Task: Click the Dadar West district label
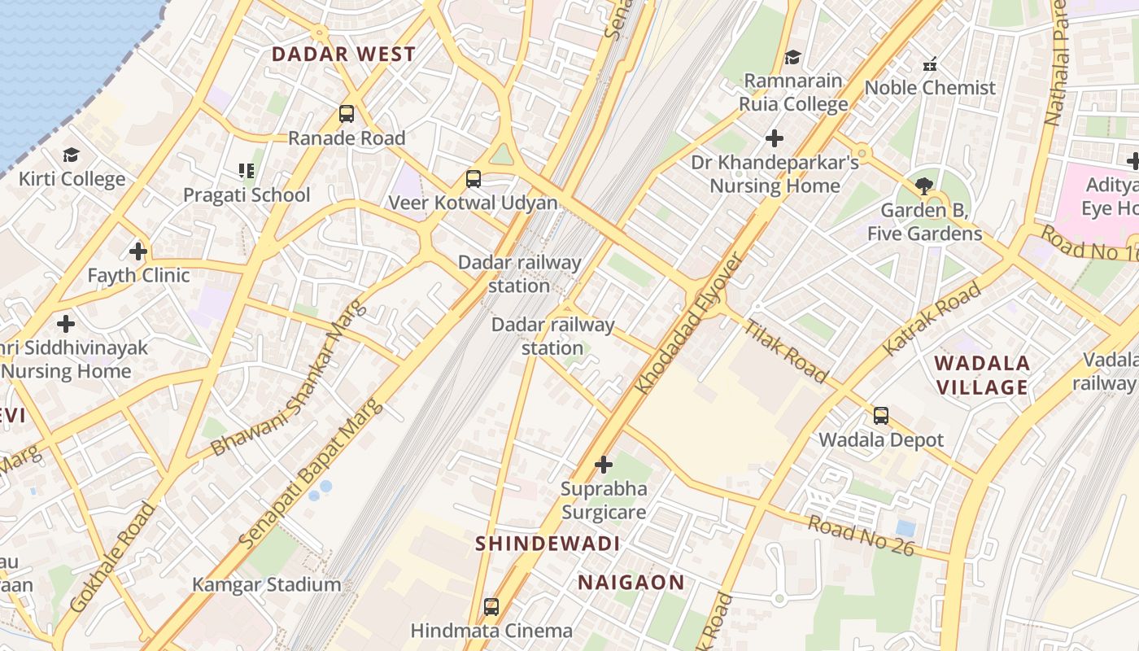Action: [x=343, y=55]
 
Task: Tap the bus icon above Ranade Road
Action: [x=347, y=114]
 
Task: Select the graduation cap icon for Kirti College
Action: [x=72, y=155]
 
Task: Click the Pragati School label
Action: [x=247, y=195]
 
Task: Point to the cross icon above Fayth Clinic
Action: [x=138, y=251]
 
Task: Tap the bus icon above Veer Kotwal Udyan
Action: [x=473, y=179]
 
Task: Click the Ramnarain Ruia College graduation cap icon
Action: [x=792, y=57]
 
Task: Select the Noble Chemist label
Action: [x=930, y=88]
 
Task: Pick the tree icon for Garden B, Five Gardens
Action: [x=924, y=186]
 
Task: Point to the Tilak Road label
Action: [x=786, y=352]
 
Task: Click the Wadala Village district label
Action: [x=983, y=375]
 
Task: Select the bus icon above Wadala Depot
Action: [x=880, y=416]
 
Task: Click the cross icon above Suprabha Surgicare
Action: [x=603, y=465]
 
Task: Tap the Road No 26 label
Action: [x=862, y=535]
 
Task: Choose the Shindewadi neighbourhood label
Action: [x=548, y=544]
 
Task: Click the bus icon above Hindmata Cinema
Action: [x=491, y=606]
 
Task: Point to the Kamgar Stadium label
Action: [x=267, y=584]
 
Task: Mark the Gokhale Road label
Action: [x=112, y=558]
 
